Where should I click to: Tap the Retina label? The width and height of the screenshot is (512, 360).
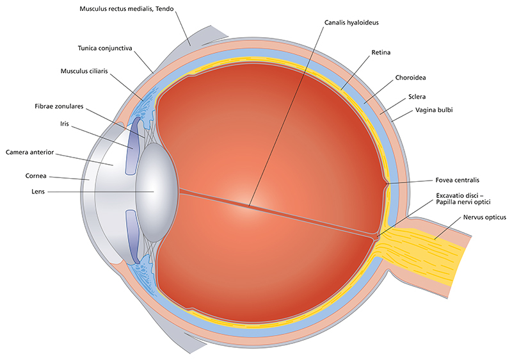(x=381, y=51)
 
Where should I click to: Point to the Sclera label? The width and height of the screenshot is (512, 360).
(x=418, y=97)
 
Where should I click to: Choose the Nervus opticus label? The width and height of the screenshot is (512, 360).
(x=479, y=218)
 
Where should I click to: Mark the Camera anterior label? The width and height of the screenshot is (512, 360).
(x=31, y=152)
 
